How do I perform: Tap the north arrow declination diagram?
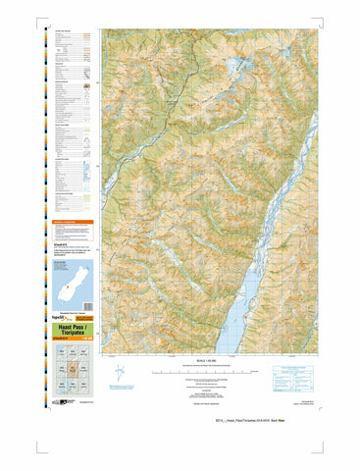point(120,374)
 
